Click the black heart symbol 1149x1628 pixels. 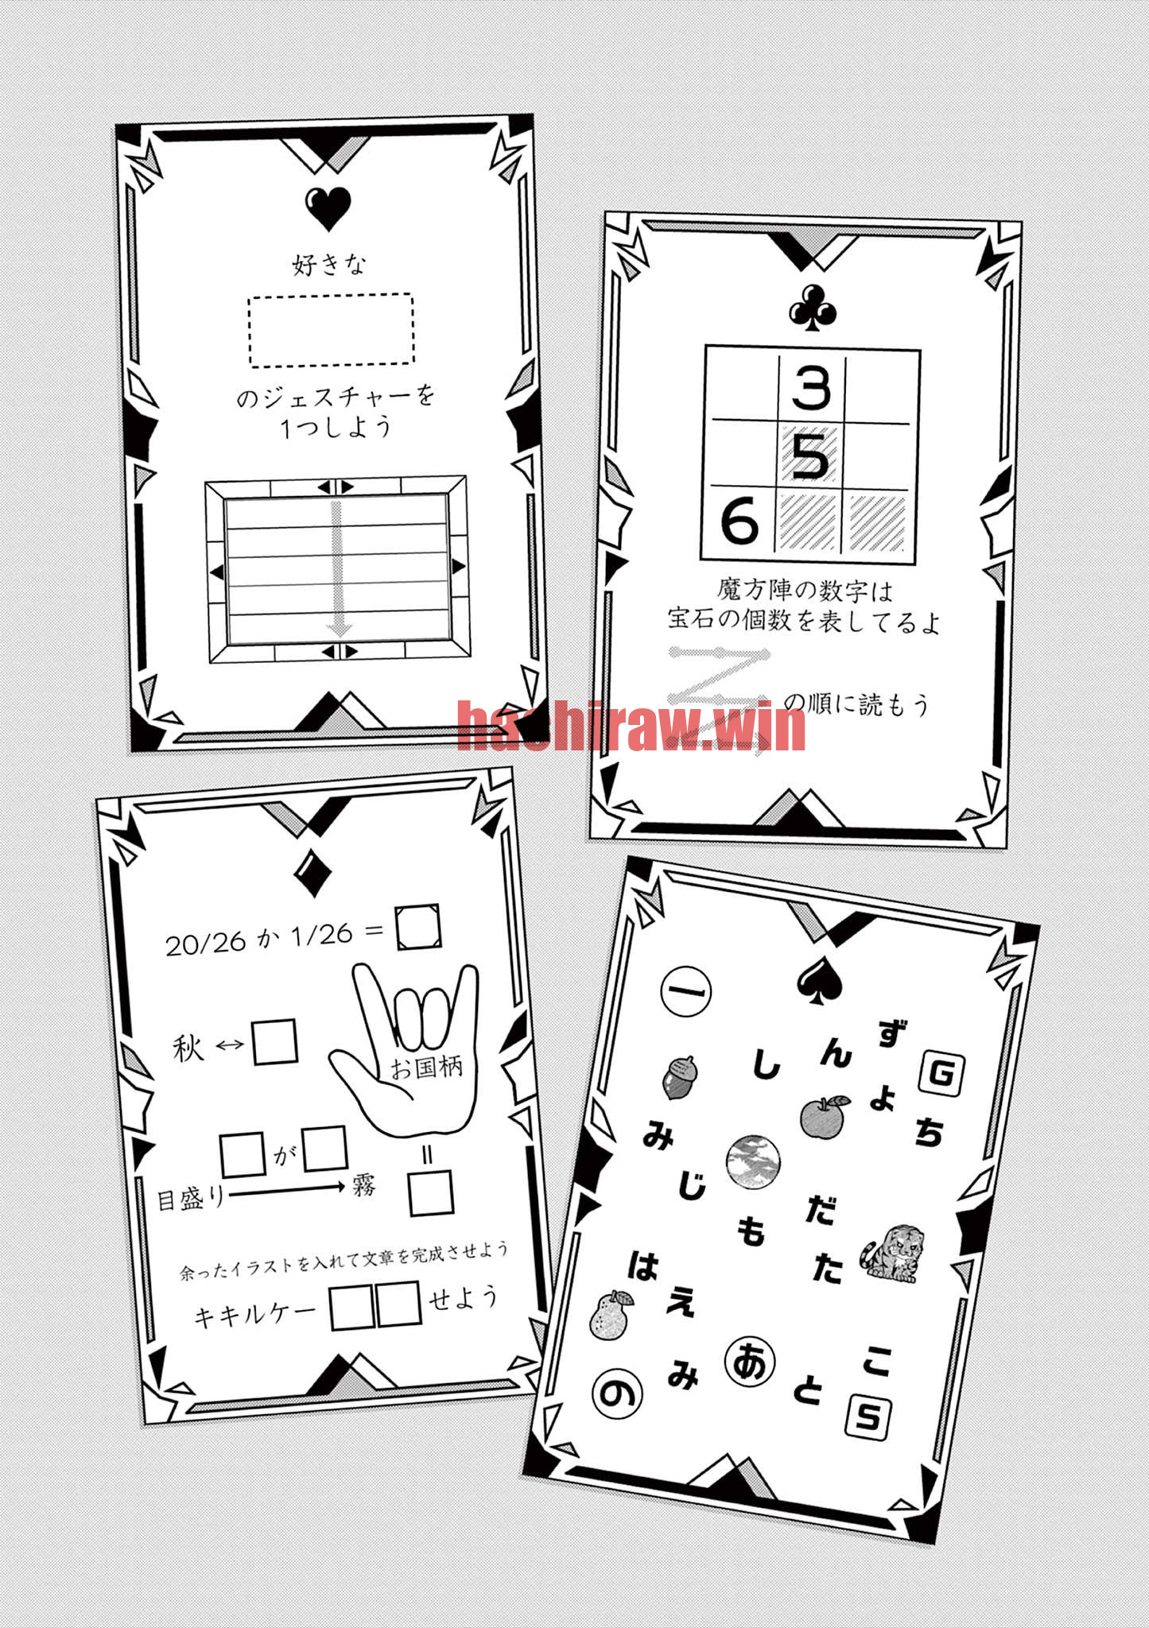click(327, 209)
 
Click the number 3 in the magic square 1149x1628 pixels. click(811, 388)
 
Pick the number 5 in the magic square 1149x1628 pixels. click(810, 455)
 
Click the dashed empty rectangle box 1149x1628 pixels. click(331, 329)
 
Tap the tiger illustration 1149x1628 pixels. click(892, 1253)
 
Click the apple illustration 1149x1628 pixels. click(823, 1117)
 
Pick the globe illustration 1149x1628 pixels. click(753, 1161)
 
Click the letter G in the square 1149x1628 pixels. click(941, 1075)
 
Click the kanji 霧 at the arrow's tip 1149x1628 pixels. click(363, 1187)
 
